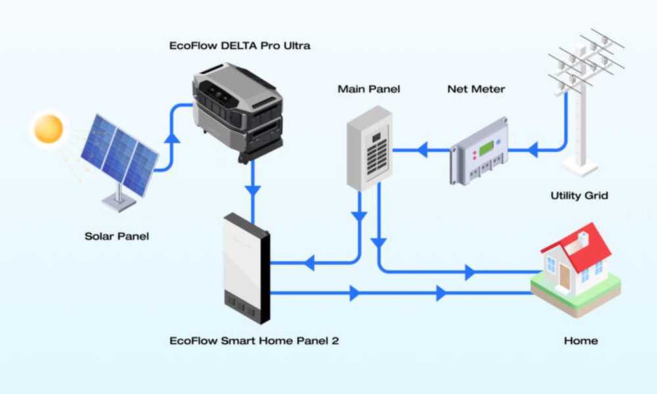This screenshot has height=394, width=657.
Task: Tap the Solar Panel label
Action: click(x=116, y=236)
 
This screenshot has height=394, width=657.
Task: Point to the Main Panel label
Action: click(x=368, y=89)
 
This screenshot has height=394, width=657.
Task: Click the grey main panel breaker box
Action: click(x=369, y=149)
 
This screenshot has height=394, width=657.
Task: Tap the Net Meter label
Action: click(x=476, y=89)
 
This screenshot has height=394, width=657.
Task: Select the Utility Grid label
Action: click(x=579, y=196)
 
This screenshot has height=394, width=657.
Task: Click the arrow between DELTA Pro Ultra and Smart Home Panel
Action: click(x=253, y=191)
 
